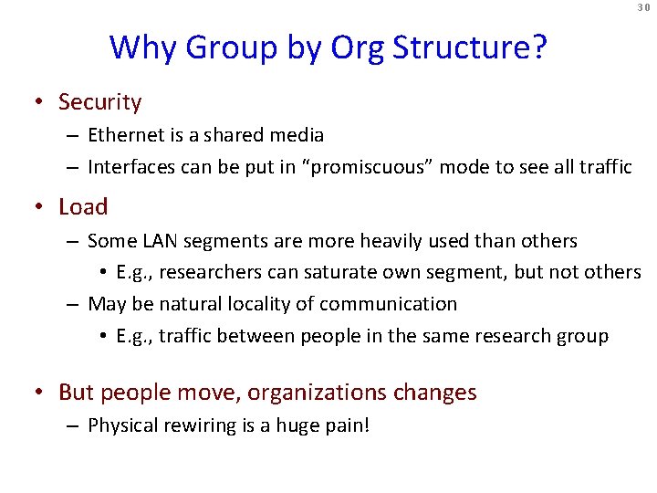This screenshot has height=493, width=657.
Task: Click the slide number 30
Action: pyautogui.click(x=643, y=7)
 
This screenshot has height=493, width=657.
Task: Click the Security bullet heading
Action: pyautogui.click(x=99, y=102)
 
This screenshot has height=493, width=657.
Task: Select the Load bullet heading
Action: pyautogui.click(x=83, y=207)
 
